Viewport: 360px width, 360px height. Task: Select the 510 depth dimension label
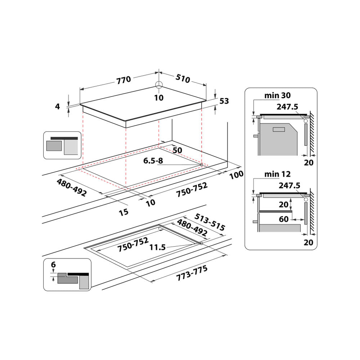[183, 78]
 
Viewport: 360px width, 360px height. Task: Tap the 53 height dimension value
[224, 101]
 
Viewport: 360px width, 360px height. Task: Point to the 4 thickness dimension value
[57, 106]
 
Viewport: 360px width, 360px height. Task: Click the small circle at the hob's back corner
[159, 85]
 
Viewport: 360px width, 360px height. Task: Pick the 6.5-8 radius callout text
[153, 161]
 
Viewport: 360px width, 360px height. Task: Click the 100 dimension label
[236, 175]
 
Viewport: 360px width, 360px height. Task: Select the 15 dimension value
[123, 212]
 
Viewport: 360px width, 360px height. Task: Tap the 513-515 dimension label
[210, 222]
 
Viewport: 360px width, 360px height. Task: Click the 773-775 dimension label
[192, 273]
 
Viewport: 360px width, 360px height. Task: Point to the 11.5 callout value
[157, 247]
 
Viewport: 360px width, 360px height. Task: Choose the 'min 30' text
[277, 95]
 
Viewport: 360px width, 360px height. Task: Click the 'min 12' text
[277, 174]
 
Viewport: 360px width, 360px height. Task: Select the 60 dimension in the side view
[284, 219]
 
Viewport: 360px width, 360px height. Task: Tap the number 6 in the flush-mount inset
[53, 265]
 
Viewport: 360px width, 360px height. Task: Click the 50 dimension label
[177, 150]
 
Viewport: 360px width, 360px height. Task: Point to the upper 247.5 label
[287, 107]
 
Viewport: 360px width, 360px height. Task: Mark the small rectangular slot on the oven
[279, 130]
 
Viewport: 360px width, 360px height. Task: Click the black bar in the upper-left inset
[64, 138]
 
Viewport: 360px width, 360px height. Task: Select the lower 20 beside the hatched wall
[309, 242]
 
